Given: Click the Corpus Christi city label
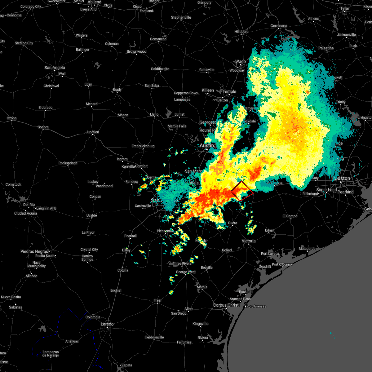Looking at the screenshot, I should point(226,305).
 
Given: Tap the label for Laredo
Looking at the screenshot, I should point(107,324).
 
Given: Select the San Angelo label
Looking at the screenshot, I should point(55,68).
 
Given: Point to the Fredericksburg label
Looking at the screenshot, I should point(143,146).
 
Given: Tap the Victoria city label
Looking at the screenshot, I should point(249,241).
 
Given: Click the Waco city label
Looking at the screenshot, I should point(240,61).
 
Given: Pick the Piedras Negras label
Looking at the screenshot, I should point(34,251).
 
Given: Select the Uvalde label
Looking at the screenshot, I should point(91,215).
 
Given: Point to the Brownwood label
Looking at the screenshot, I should point(136,51).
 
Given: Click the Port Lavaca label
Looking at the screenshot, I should point(270,254).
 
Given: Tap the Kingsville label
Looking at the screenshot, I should point(200,324).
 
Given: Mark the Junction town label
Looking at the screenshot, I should point(92,132).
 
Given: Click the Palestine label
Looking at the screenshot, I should point(326,48).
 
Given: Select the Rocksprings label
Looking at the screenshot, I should point(68,163).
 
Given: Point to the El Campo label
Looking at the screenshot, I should point(290,216).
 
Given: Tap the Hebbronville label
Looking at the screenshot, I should point(154,337).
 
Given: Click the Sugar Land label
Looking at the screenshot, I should point(326,190).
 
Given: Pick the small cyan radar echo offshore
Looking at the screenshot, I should point(331,333).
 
